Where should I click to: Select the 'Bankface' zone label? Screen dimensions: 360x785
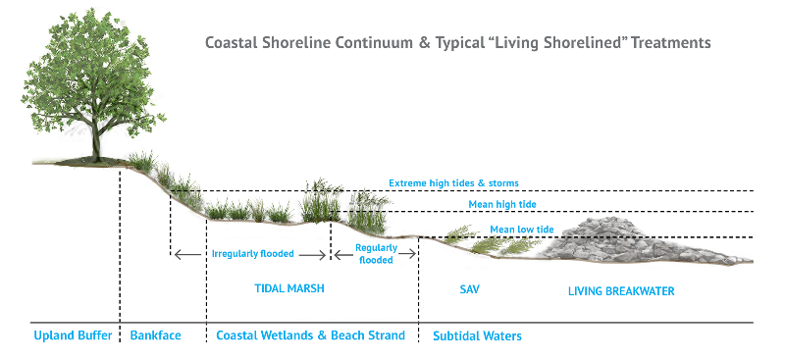click(155, 336)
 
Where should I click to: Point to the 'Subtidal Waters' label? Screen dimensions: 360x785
click(477, 336)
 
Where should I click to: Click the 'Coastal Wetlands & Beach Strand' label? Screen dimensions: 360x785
click(310, 336)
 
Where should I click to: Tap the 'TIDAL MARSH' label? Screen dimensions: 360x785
click(283, 290)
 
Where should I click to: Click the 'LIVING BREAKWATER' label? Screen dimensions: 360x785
click(622, 291)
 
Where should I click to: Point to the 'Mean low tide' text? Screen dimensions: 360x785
click(522, 230)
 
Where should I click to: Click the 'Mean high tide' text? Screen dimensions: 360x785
click(502, 204)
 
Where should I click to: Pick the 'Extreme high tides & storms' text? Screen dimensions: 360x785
click(453, 182)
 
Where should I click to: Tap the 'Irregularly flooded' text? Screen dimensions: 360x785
click(252, 254)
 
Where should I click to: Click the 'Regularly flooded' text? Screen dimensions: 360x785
click(375, 254)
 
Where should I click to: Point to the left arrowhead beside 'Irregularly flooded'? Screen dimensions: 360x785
click(178, 255)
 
